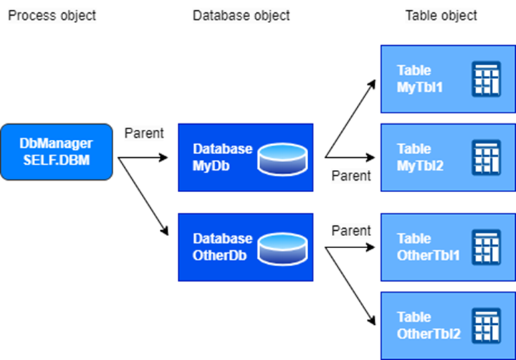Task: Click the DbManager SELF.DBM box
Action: pyautogui.click(x=57, y=151)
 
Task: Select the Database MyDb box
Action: pyautogui.click(x=245, y=157)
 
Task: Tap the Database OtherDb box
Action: pyautogui.click(x=245, y=247)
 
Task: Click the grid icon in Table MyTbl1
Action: pyautogui.click(x=486, y=79)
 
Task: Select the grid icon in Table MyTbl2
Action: pyautogui.click(x=486, y=158)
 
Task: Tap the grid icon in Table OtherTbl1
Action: pyautogui.click(x=486, y=247)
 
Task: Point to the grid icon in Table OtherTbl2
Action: pyautogui.click(x=486, y=326)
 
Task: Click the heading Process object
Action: pyautogui.click(x=52, y=15)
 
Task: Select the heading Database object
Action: pyautogui.click(x=242, y=15)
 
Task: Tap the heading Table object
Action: pyautogui.click(x=441, y=15)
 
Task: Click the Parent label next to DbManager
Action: pyautogui.click(x=144, y=133)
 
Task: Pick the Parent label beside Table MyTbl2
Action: pyautogui.click(x=351, y=176)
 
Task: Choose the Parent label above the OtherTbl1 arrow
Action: pyautogui.click(x=351, y=230)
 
